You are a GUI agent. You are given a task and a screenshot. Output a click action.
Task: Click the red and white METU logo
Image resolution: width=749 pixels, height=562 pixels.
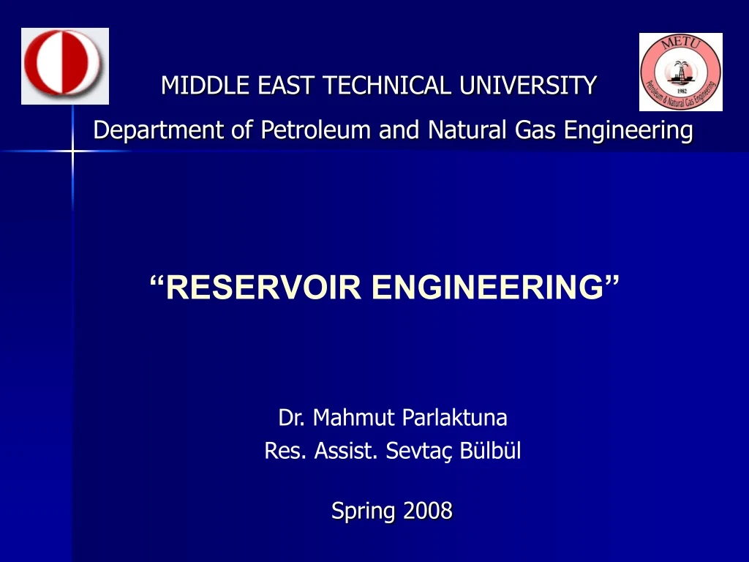pyautogui.click(x=64, y=66)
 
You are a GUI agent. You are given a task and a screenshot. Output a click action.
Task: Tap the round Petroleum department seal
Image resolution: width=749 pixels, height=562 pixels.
pyautogui.click(x=680, y=72)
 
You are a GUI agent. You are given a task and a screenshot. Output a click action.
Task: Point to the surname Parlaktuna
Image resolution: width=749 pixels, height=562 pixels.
pyautogui.click(x=454, y=418)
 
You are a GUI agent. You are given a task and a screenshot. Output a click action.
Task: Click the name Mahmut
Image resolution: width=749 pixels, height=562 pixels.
pyautogui.click(x=354, y=418)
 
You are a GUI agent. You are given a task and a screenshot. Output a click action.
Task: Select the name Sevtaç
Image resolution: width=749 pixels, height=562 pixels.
pyautogui.click(x=420, y=452)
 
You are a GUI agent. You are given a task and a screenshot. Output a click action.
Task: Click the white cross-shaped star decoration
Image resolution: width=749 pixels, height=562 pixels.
pyautogui.click(x=72, y=151)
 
